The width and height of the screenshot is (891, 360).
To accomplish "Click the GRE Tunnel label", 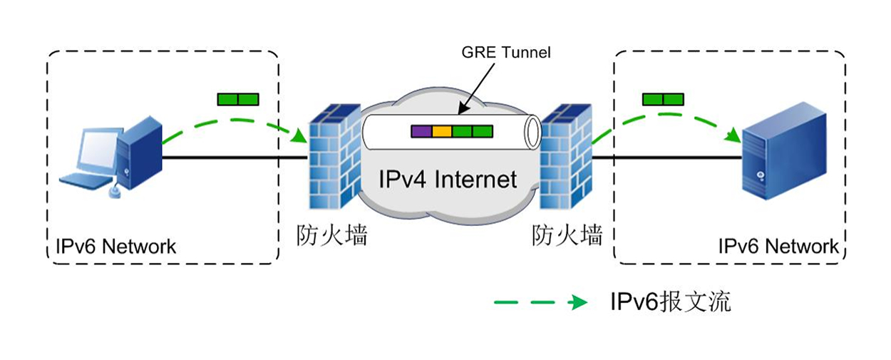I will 506,52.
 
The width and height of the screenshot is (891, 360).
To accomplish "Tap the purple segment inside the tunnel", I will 421,131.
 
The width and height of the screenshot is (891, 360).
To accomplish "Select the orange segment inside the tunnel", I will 442,131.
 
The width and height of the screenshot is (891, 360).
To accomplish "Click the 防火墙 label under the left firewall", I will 332,235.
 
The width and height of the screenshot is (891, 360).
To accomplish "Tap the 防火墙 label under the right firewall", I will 567,235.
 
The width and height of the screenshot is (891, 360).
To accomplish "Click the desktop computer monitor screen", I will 97,150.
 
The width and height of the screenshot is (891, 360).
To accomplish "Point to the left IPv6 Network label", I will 115,247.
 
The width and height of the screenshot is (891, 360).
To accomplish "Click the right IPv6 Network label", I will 778,247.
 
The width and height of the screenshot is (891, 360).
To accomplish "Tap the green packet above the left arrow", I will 239,99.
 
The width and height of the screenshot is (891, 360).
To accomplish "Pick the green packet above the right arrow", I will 663,99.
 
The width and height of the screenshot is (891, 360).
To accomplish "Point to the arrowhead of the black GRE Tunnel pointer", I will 460,112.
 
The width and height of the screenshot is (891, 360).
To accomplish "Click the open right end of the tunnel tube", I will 530,132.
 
